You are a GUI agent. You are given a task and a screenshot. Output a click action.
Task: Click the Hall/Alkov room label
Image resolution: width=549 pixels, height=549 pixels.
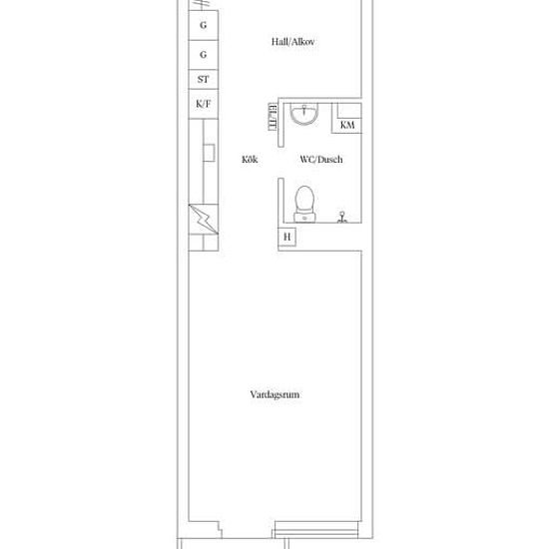point(292,42)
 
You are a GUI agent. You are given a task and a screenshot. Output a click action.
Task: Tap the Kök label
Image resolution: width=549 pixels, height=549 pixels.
point(250,160)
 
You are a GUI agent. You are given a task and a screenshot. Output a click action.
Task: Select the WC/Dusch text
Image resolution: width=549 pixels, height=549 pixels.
point(321,160)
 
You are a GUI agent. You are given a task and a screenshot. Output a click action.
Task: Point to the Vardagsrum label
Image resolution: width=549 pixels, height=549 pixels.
point(274,395)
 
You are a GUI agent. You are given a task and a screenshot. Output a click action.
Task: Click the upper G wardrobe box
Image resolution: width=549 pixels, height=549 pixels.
point(204,25)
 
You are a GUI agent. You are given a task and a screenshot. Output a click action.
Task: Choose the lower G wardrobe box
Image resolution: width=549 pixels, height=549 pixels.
point(204,55)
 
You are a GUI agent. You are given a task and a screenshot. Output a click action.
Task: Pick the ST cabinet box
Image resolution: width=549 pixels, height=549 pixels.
point(204,79)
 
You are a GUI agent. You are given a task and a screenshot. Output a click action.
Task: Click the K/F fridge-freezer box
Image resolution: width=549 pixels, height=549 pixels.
point(204,104)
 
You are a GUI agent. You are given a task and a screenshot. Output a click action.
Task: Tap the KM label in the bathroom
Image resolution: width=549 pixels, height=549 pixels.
point(347,125)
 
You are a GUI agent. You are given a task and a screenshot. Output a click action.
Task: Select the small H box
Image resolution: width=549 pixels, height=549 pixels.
point(286,237)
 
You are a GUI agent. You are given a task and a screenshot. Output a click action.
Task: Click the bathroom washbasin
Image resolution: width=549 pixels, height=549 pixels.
point(304,114)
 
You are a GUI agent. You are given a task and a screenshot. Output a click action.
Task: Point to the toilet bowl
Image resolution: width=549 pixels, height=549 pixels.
point(304,199)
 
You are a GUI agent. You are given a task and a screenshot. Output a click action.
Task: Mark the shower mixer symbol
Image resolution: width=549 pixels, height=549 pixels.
point(342,217)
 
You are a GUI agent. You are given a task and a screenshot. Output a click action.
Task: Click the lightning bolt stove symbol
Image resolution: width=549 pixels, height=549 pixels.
point(204,220)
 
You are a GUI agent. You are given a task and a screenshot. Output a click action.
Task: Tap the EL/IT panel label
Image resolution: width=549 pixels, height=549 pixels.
point(273,117)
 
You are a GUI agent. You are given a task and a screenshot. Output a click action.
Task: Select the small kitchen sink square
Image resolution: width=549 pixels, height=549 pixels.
point(209,153)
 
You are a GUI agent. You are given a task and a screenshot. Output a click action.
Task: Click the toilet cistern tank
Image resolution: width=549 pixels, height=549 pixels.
point(304,218)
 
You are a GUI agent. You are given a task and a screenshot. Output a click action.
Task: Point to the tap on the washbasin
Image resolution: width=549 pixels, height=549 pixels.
point(304,109)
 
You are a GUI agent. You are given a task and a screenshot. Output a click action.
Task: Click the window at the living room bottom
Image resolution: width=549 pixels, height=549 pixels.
point(316,529)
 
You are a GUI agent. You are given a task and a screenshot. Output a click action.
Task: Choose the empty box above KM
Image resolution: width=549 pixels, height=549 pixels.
point(349,111)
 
